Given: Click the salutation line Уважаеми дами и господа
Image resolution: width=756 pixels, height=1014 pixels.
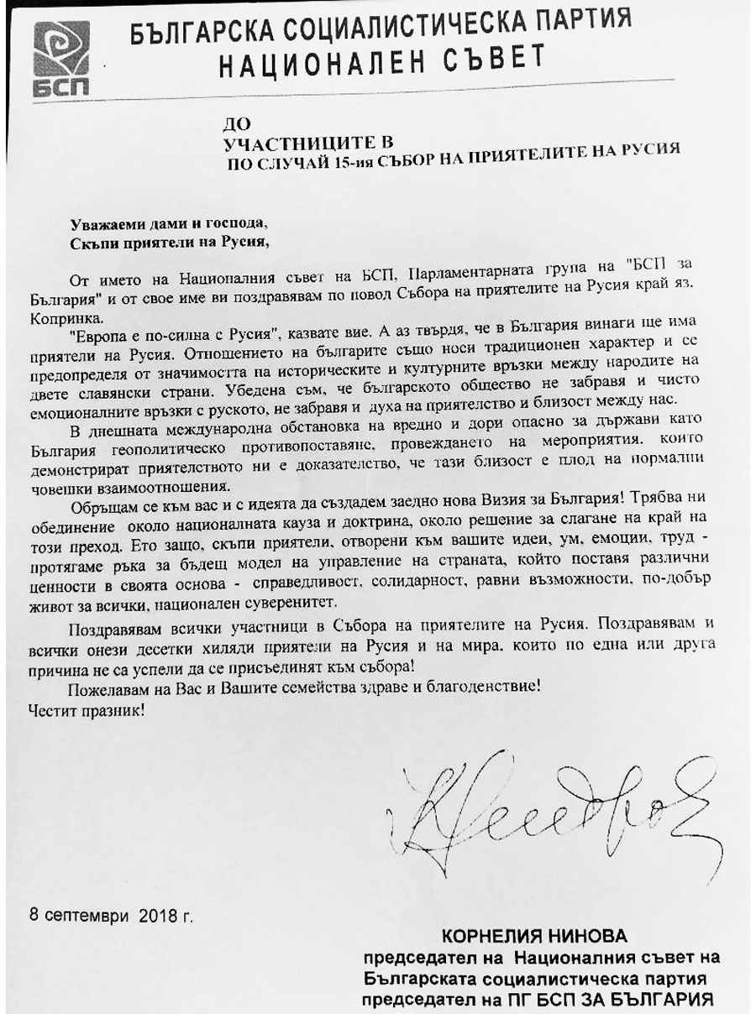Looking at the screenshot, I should [x=168, y=224].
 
